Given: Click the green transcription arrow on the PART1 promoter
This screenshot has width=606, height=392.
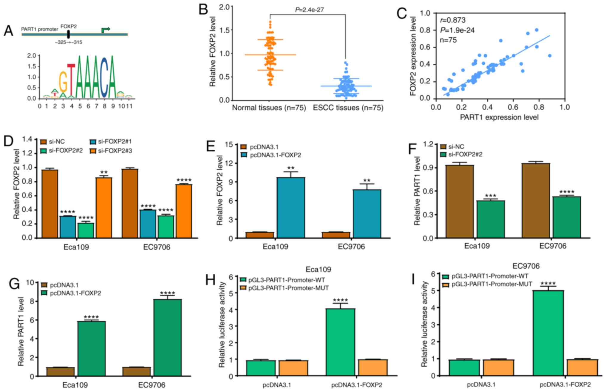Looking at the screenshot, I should click(x=106, y=30).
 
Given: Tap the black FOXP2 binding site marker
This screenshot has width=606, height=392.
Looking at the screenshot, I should click(x=68, y=34).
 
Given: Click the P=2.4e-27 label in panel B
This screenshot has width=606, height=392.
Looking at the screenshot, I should click(x=309, y=10).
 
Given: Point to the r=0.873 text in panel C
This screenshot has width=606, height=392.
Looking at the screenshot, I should click(x=452, y=20).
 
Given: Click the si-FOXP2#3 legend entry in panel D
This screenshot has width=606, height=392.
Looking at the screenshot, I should click(x=111, y=151).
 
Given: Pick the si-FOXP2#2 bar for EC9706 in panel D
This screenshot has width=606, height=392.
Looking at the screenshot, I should click(x=166, y=227).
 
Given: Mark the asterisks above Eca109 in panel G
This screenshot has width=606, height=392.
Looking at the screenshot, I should click(x=91, y=317).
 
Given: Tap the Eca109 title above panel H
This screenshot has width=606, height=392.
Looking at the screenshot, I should click(x=318, y=269).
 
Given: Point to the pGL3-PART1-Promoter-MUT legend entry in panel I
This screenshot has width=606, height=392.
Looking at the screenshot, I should click(x=487, y=284).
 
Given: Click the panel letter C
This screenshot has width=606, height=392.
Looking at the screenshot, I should click(x=402, y=13).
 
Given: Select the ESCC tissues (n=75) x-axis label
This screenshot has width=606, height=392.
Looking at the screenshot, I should click(x=348, y=108).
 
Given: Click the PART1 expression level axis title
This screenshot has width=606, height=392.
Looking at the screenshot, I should click(x=499, y=117).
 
